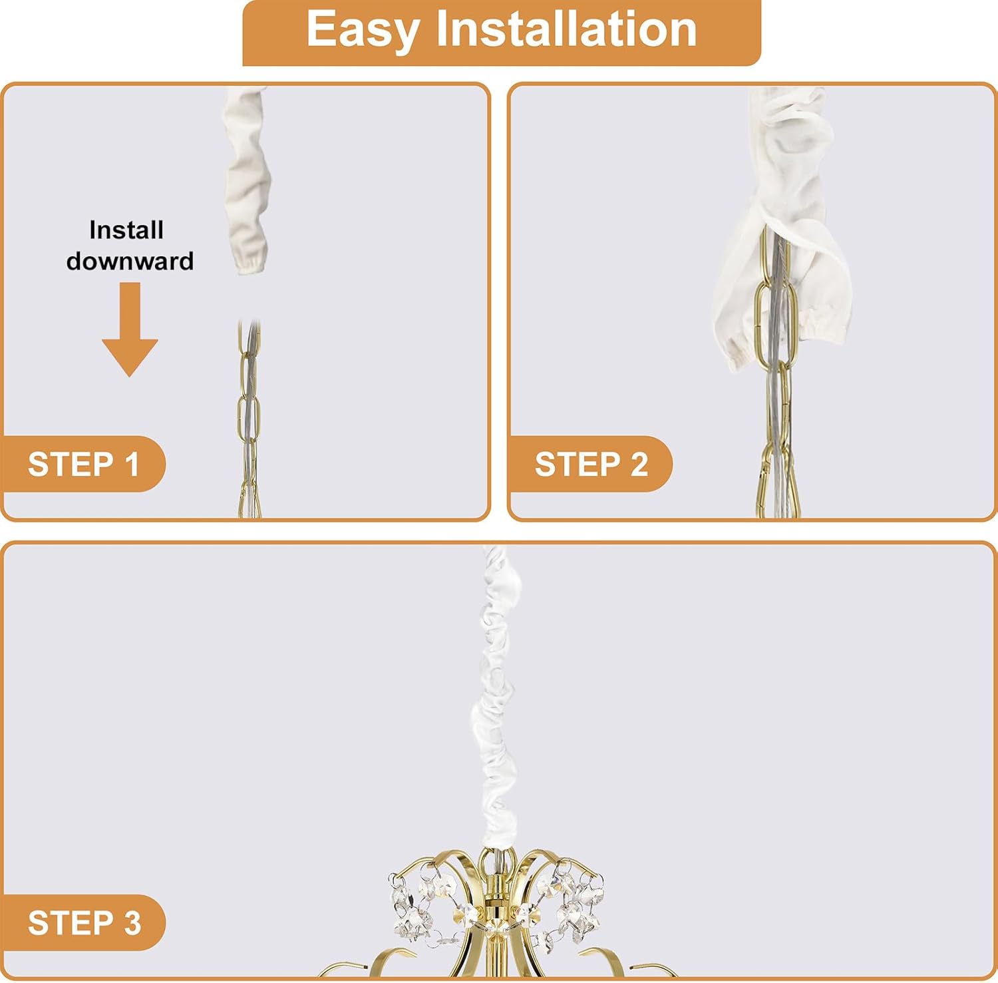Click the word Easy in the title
(x=363, y=31)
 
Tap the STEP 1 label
(x=84, y=464)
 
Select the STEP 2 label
(x=591, y=464)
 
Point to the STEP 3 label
(x=84, y=923)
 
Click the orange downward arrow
(x=130, y=329)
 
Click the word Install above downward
(x=126, y=230)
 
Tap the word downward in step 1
(x=130, y=260)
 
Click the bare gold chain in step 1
(x=249, y=419)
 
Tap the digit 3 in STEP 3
(x=132, y=923)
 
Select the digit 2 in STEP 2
(x=638, y=464)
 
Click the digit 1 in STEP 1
(x=133, y=464)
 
